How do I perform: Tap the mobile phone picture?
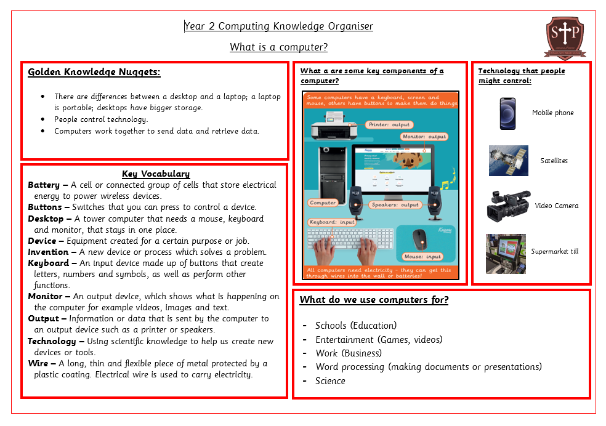[x=508, y=114]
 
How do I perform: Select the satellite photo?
[x=509, y=161]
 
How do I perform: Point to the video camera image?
[x=508, y=205]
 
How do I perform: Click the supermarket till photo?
[x=506, y=253]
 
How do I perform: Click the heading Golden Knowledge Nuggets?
[x=94, y=72]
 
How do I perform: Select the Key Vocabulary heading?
[x=156, y=174]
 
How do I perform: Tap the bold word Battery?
[x=44, y=185]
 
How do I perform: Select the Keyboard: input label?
[x=332, y=222]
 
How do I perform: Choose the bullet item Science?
[x=330, y=380]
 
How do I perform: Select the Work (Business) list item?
[x=349, y=353]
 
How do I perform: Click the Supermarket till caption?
[x=555, y=251]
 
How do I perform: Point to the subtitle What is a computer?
[x=278, y=47]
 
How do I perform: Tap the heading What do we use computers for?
[x=374, y=300]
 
